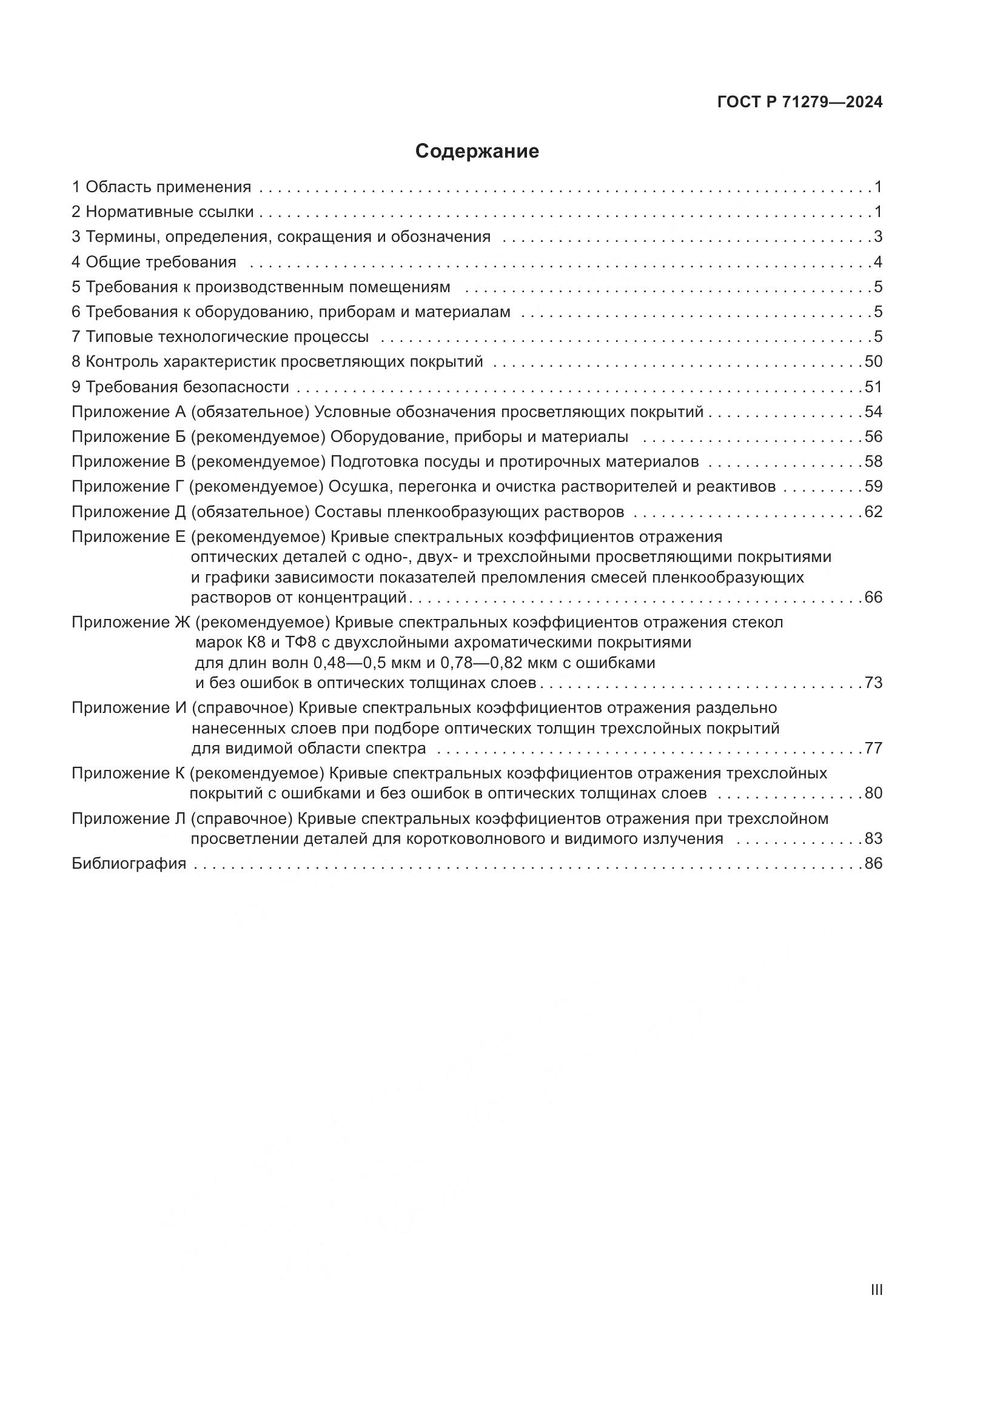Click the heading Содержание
(477, 152)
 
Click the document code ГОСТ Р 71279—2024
(800, 102)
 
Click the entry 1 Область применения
(161, 187)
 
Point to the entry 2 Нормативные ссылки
(163, 212)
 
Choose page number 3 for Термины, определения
(877, 237)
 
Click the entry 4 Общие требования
(154, 263)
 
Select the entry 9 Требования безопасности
(180, 387)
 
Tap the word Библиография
(129, 863)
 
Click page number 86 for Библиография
(873, 863)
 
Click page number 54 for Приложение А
(873, 412)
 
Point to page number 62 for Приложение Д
(873, 512)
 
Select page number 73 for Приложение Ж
(873, 683)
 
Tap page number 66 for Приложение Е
(873, 597)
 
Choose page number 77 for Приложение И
(873, 749)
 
